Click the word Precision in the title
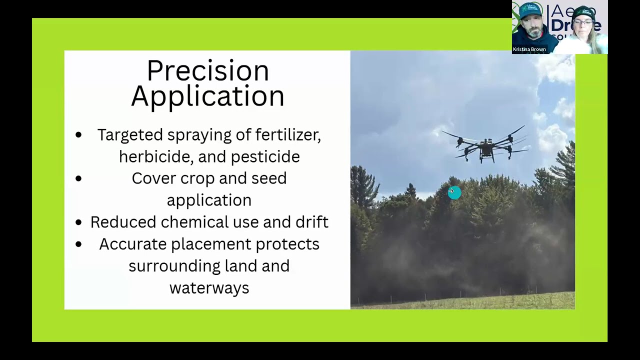[x=207, y=71]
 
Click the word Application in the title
[x=207, y=96]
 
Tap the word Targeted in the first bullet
[x=130, y=135]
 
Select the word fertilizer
[x=287, y=135]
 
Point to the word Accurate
[x=132, y=244]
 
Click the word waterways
[x=209, y=288]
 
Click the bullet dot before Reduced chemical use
[x=78, y=222]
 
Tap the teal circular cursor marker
[x=454, y=192]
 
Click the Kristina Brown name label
[x=529, y=49]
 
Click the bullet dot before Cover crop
[x=78, y=178]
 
